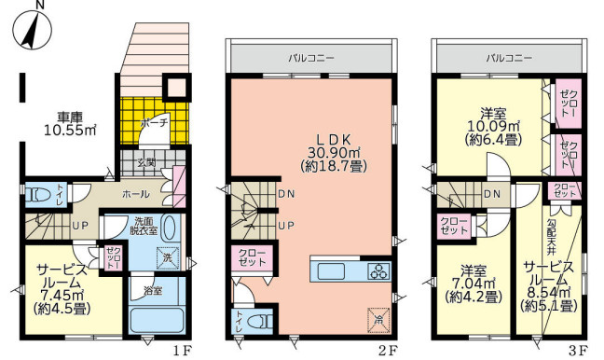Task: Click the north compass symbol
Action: [x=33, y=30]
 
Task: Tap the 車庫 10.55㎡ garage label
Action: [x=70, y=124]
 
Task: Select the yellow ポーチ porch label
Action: [x=155, y=123]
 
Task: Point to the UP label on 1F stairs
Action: [x=80, y=225]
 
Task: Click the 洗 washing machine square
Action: [x=168, y=257]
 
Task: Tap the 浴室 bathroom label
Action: [x=153, y=291]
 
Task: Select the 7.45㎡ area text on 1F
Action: [x=62, y=296]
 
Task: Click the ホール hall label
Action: [x=136, y=194]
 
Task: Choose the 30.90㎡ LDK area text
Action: [x=334, y=152]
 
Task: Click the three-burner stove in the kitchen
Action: [x=379, y=270]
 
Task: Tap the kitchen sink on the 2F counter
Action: [x=331, y=271]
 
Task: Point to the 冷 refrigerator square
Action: [x=378, y=320]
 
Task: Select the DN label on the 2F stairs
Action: [x=286, y=194]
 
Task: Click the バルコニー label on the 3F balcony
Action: [x=509, y=58]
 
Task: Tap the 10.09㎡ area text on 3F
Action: [x=493, y=126]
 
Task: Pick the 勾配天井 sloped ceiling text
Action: [x=551, y=237]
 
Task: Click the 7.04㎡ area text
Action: [x=474, y=284]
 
